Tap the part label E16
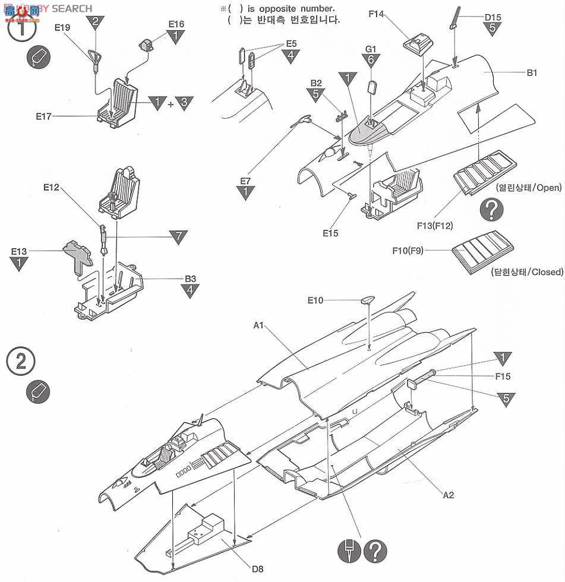point(176,24)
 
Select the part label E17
point(43,116)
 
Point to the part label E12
point(51,187)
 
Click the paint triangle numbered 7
point(177,237)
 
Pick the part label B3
point(190,278)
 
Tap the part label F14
point(376,14)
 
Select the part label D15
point(493,17)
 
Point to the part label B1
point(532,73)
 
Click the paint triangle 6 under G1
point(371,60)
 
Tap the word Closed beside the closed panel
point(546,272)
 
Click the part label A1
point(258,325)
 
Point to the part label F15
point(503,376)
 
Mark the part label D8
point(257,569)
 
